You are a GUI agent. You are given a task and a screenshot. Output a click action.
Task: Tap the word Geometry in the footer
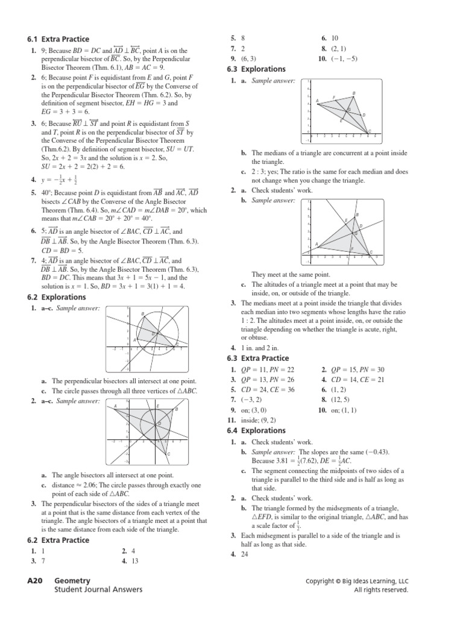coord(74,581)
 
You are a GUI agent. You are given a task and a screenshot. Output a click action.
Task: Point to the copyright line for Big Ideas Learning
coord(357,581)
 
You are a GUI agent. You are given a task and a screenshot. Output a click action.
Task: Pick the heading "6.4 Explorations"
coord(256,431)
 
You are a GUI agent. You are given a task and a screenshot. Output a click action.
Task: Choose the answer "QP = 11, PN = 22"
coord(267,369)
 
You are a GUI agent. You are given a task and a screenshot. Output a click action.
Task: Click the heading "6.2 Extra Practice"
coord(56,540)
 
